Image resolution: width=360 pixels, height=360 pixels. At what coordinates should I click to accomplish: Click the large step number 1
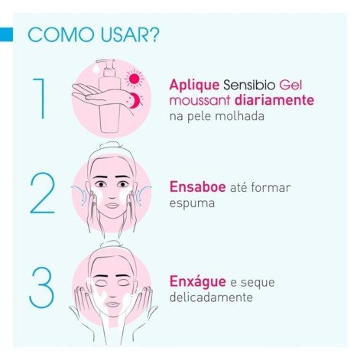pyautogui.click(x=41, y=99)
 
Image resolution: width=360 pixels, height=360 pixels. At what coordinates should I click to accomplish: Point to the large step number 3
pyautogui.click(x=42, y=286)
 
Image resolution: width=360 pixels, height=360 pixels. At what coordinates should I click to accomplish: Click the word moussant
pyautogui.click(x=199, y=102)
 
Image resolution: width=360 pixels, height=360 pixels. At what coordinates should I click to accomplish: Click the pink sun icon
pyautogui.click(x=135, y=80)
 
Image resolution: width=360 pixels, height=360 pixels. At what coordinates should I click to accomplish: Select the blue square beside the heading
pyautogui.click(x=7, y=34)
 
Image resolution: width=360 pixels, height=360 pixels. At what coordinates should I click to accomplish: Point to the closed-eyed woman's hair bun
pyautogui.click(x=112, y=243)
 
